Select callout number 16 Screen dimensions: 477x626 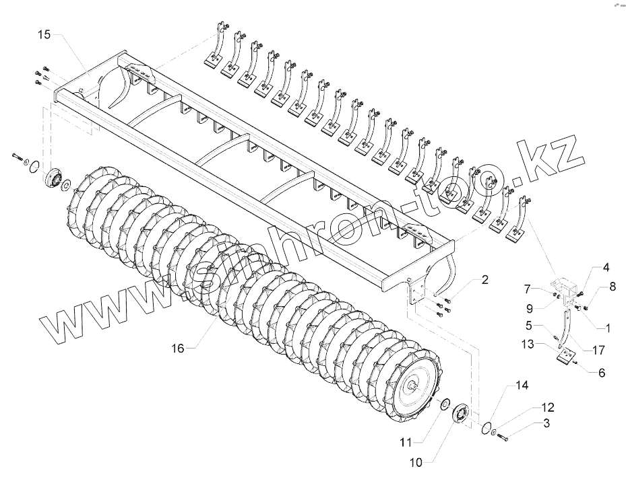pos(177,348)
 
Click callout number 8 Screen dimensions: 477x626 pos(612,287)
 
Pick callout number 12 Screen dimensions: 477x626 pos(546,408)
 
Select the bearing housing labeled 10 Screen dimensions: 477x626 pos(462,413)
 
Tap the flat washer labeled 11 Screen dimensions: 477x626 pos(444,404)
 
